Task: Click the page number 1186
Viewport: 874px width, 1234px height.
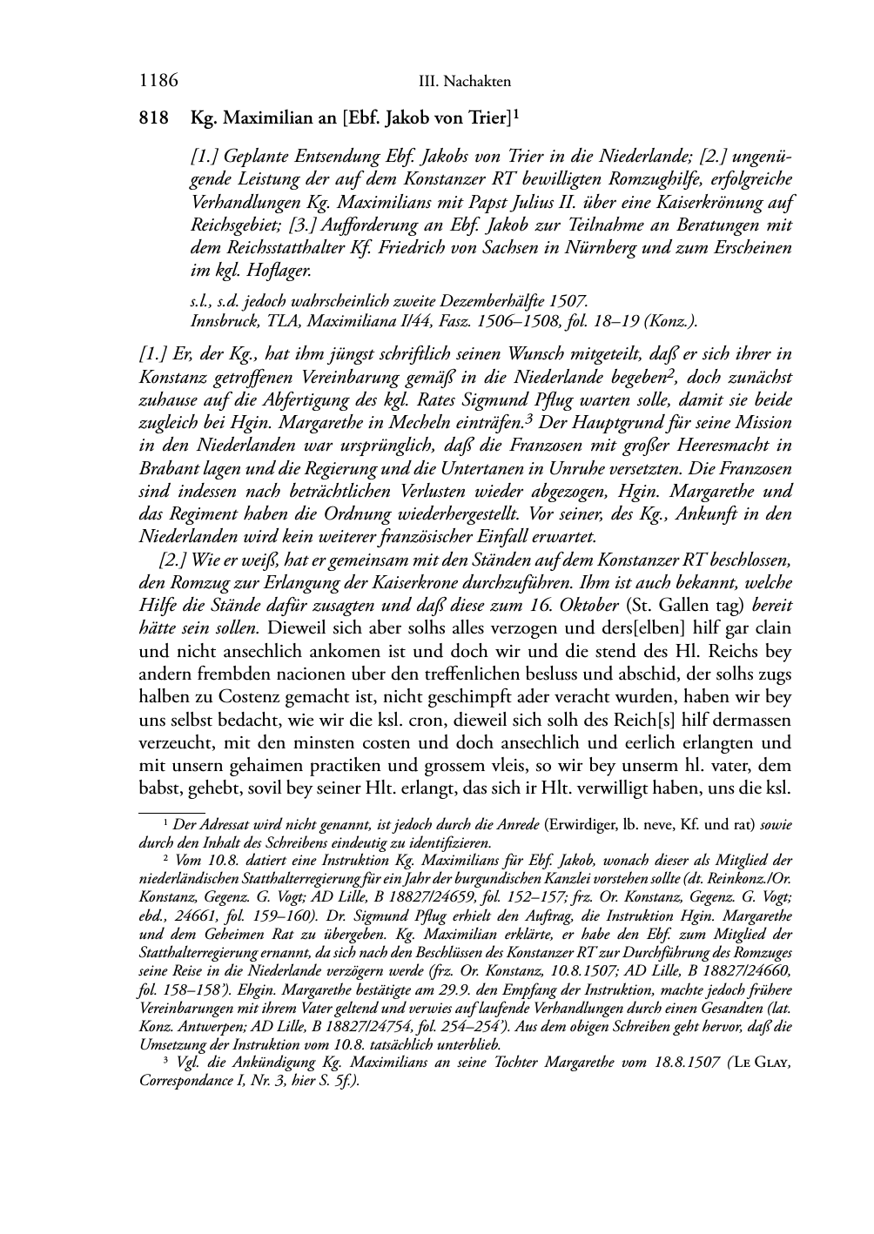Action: coord(158,82)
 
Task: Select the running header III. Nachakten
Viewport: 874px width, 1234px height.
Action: coord(464,83)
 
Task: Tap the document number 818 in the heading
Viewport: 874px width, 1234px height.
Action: coord(153,117)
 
